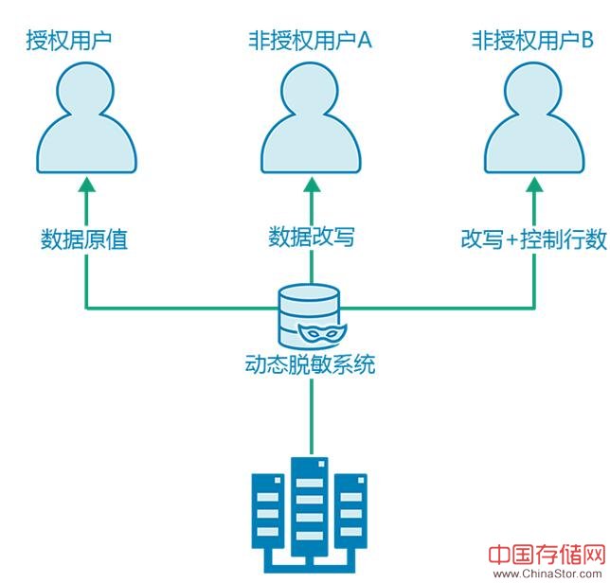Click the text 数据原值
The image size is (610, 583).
(x=84, y=238)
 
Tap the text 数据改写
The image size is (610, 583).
(x=312, y=237)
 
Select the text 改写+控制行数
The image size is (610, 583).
(x=533, y=238)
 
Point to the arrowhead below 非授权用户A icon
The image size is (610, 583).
(x=311, y=185)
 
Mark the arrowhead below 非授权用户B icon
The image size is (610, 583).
(x=534, y=185)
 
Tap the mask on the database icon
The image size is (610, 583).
(x=322, y=333)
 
